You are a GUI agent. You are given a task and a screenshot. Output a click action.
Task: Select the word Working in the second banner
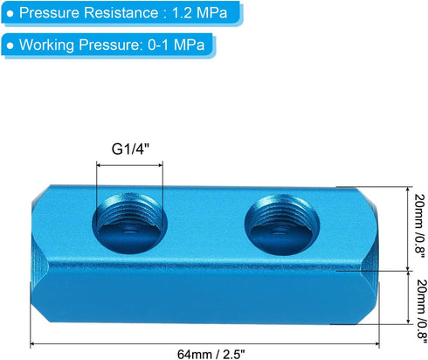(45, 45)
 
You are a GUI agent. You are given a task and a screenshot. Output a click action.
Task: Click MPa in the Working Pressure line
(187, 45)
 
